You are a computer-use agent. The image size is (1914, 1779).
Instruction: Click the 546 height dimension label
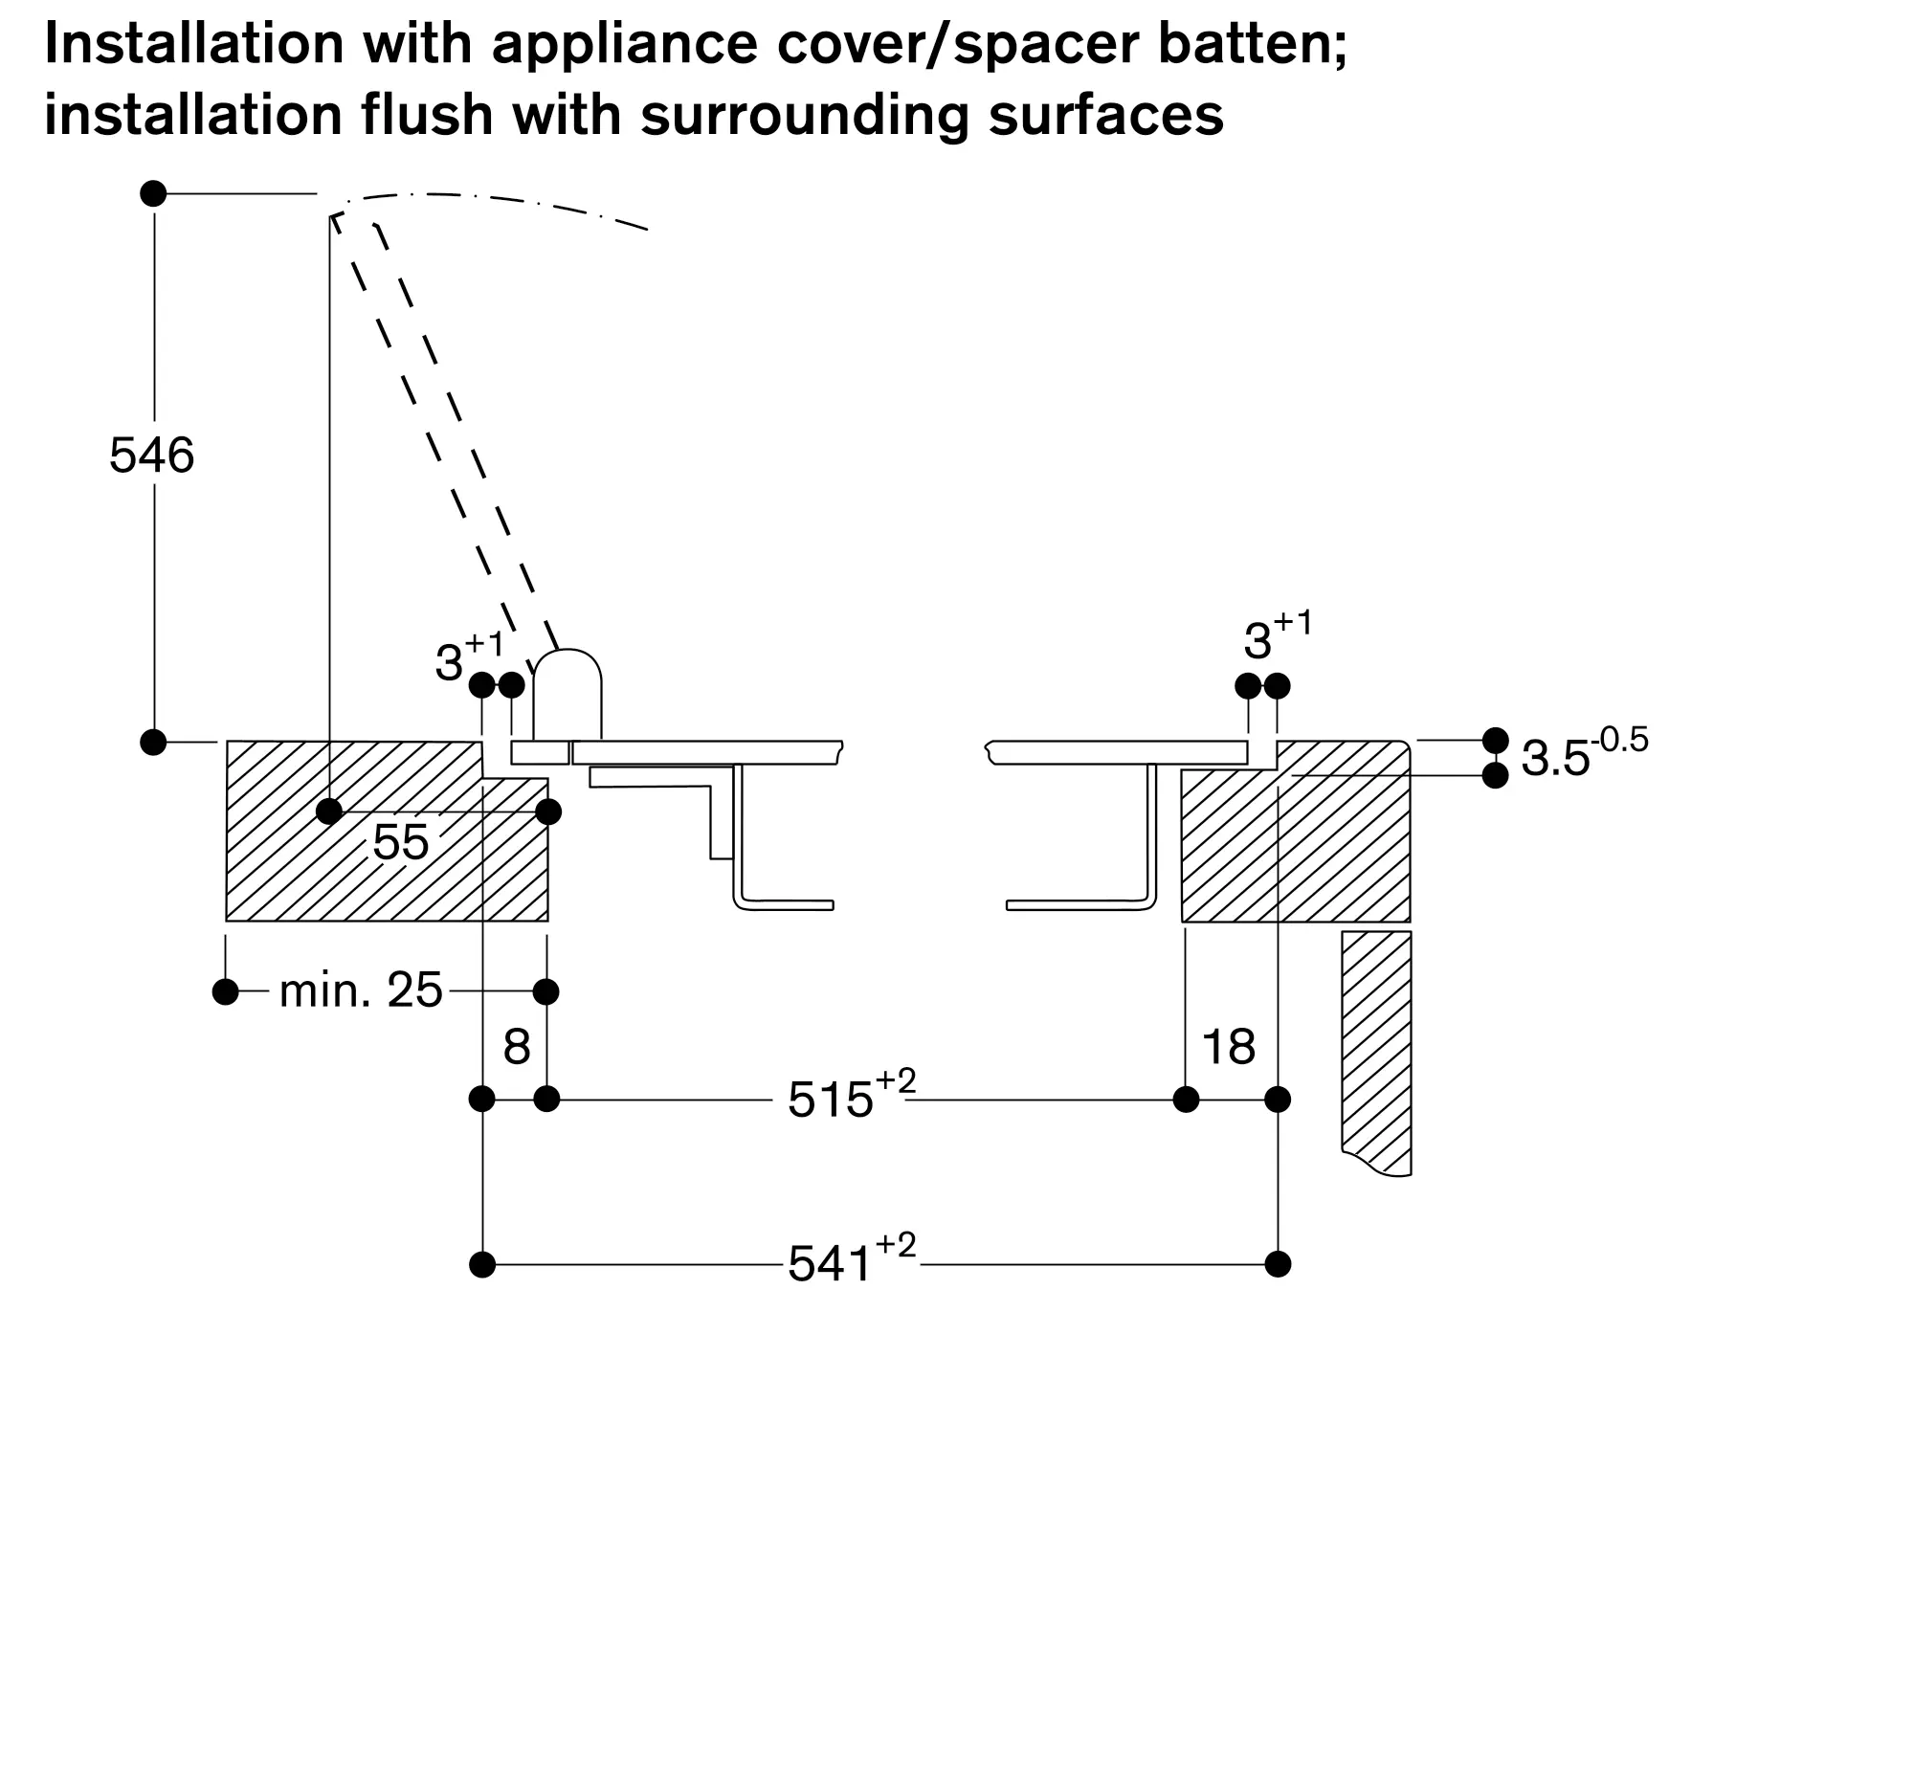[151, 456]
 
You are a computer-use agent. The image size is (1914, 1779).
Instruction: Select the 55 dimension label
[401, 843]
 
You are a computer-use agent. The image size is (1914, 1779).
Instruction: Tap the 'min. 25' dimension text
[360, 990]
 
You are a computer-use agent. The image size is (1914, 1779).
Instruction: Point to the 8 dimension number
[517, 1046]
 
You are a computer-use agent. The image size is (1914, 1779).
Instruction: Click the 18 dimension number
[1229, 1046]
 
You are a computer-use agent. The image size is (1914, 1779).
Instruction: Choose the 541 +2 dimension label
[851, 1260]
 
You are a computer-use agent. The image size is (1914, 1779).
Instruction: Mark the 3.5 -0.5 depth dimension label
[1584, 756]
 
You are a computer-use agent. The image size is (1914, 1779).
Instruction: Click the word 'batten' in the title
[1252, 44]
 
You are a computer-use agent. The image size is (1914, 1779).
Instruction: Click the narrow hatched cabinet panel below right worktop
[1377, 1049]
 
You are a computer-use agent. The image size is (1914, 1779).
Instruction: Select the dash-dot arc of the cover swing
[491, 200]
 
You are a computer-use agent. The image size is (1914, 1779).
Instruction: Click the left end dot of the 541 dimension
[482, 1264]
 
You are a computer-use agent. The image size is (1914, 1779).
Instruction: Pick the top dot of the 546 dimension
[153, 193]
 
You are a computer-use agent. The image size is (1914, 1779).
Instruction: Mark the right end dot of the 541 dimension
[1278, 1264]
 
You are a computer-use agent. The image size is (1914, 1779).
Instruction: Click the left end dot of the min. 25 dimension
[225, 991]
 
